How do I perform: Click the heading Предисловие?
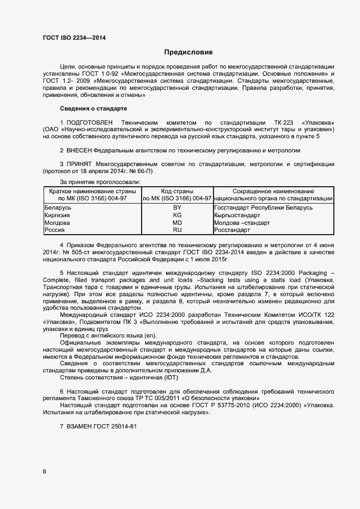click(x=188, y=53)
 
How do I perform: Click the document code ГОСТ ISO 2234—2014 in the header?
click(x=74, y=38)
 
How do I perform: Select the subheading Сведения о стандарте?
click(x=93, y=109)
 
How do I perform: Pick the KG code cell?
click(x=177, y=216)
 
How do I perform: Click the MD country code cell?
click(x=177, y=223)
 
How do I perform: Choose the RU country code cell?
click(x=177, y=230)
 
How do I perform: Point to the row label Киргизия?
click(x=58, y=216)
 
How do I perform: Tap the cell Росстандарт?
click(x=233, y=230)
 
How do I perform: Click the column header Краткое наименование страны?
click(x=92, y=192)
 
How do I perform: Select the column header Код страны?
click(x=177, y=192)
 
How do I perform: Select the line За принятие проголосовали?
click(x=100, y=181)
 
